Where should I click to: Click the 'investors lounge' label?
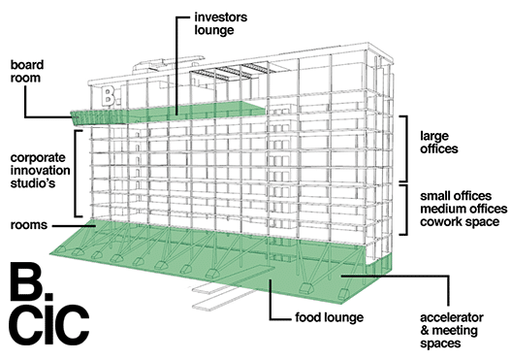point(221,23)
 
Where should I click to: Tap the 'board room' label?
point(27,71)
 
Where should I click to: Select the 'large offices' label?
point(438,143)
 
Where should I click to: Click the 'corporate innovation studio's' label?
point(40,170)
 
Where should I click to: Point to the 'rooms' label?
point(29,225)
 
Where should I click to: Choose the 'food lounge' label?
point(329,317)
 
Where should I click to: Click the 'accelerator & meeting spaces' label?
point(452,330)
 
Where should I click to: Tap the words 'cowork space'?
point(460,222)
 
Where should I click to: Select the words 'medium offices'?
point(463,209)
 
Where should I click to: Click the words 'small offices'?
point(456,196)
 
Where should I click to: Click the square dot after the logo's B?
point(48,296)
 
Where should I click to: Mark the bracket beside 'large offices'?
point(405,148)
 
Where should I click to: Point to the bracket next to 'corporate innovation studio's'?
point(77,174)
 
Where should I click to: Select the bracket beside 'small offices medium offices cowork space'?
point(405,210)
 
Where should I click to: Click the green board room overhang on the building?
point(98,117)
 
